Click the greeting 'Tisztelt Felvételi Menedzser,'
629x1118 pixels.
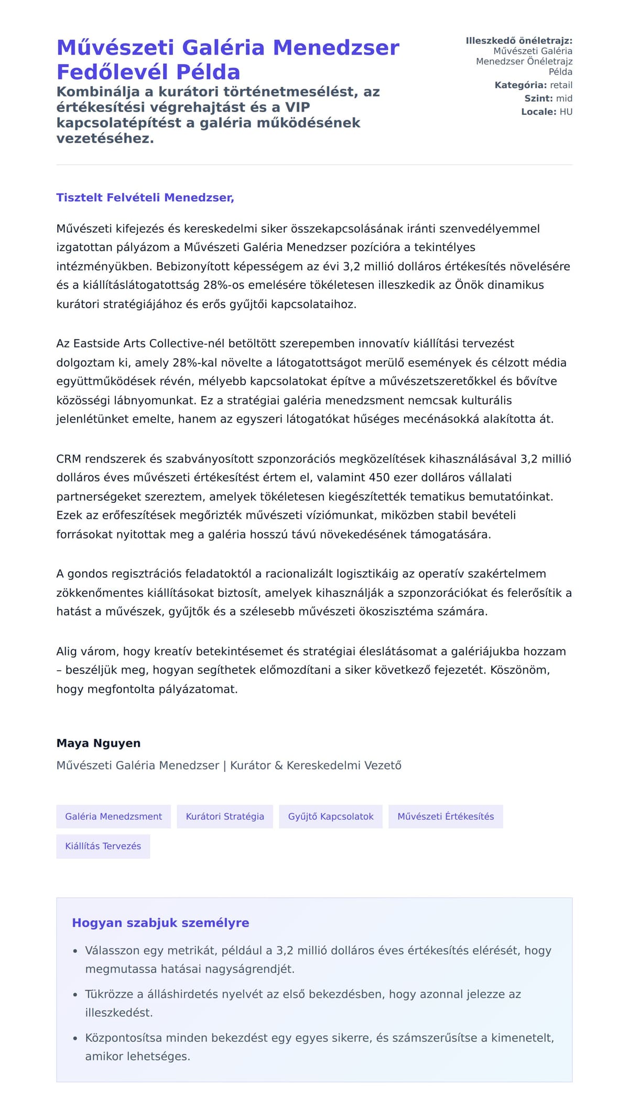click(x=145, y=198)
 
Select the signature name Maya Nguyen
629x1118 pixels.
click(x=99, y=743)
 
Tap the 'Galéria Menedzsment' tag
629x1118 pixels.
click(x=113, y=816)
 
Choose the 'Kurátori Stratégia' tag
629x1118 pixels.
click(x=225, y=816)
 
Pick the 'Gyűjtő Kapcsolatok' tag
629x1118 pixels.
click(x=331, y=816)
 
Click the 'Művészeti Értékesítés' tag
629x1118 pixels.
click(x=446, y=816)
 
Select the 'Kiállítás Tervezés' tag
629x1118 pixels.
click(x=103, y=846)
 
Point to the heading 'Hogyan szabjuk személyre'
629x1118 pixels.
click(x=160, y=923)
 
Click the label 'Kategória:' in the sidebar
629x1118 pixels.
click(x=520, y=85)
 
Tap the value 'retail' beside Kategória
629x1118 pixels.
click(x=561, y=85)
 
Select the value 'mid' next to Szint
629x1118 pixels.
click(x=564, y=99)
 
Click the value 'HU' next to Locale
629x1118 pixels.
click(x=566, y=112)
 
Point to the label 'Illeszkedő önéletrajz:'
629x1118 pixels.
click(x=519, y=41)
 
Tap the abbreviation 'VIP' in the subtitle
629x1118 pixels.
click(x=298, y=107)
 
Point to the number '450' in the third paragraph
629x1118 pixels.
click(x=379, y=478)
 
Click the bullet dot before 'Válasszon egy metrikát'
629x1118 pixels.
click(x=75, y=951)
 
